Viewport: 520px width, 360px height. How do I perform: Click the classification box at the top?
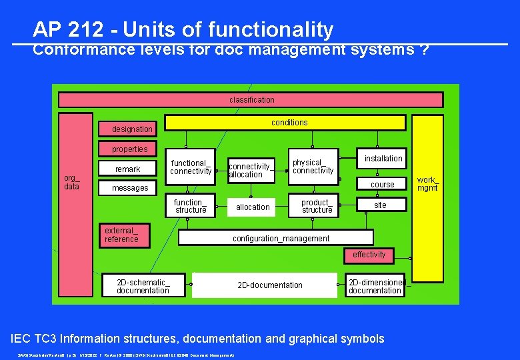coord(251,100)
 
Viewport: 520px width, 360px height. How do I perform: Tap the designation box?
coord(132,129)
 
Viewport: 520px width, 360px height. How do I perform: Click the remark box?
coord(127,169)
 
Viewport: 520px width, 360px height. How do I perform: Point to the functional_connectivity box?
coord(190,167)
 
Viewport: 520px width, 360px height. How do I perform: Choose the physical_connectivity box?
coord(313,166)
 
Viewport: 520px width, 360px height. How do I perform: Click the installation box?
coord(383,159)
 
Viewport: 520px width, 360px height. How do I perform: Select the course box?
coord(382,184)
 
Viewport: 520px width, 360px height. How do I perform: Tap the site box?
coord(380,205)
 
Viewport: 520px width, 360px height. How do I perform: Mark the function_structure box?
coord(191,207)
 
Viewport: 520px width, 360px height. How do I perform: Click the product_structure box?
coord(317,207)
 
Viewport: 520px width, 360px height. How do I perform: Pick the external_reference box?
coord(125,235)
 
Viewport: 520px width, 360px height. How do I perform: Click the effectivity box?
coord(369,255)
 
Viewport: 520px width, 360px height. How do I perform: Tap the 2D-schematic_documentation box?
coord(143,285)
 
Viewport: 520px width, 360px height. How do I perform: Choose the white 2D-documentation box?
coord(265,285)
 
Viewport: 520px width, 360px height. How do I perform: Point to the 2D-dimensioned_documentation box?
coord(375,286)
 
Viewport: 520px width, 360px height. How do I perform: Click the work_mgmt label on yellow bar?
coord(427,184)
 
